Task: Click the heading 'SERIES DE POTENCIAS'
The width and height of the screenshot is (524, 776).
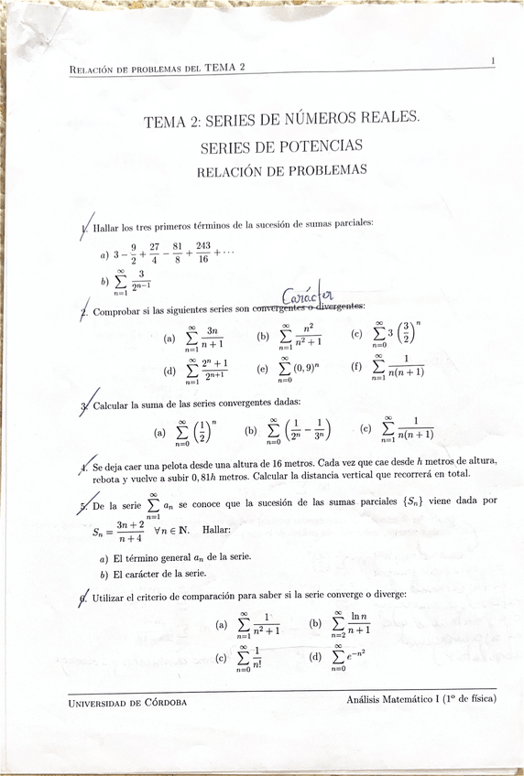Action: [x=281, y=145]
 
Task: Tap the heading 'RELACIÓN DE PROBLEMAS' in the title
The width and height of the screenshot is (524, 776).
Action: [x=281, y=170]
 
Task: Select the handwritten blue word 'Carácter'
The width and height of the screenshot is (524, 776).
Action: [x=311, y=296]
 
